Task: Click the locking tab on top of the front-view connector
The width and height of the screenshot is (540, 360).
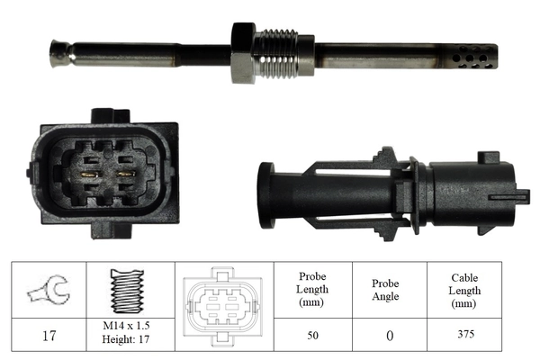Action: (x=108, y=116)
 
